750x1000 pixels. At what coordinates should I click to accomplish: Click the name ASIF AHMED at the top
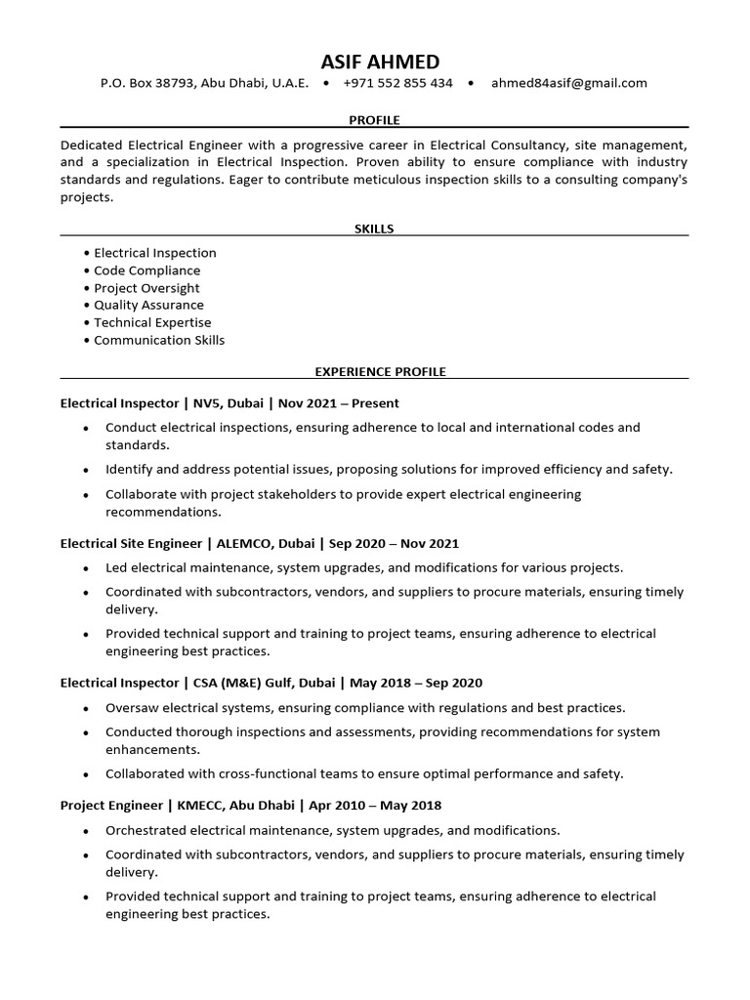pyautogui.click(x=374, y=62)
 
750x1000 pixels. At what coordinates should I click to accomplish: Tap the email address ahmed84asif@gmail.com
pyautogui.click(x=568, y=83)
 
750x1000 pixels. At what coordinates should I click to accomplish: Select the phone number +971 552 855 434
pyautogui.click(x=397, y=83)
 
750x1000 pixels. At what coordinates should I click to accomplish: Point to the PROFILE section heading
pyautogui.click(x=374, y=120)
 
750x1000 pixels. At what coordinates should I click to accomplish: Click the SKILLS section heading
pyautogui.click(x=374, y=229)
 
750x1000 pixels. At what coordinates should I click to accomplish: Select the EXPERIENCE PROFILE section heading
pyautogui.click(x=380, y=372)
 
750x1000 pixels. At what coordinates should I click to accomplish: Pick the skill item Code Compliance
pyautogui.click(x=146, y=271)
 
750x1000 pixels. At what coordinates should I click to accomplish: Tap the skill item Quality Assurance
pyautogui.click(x=148, y=305)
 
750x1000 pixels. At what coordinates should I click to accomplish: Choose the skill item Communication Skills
pyautogui.click(x=159, y=340)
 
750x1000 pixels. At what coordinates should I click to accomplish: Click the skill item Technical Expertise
pyautogui.click(x=152, y=322)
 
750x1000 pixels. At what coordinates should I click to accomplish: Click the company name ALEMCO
pyautogui.click(x=246, y=543)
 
